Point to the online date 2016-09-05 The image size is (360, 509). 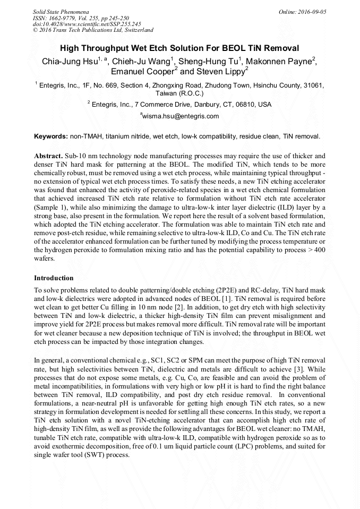(x=312, y=11)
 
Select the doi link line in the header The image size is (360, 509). (x=87, y=24)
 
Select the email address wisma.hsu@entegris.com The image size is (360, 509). (x=181, y=116)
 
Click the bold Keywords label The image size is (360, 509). (x=51, y=136)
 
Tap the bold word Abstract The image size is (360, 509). (x=48, y=158)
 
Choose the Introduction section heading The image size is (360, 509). (x=54, y=278)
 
